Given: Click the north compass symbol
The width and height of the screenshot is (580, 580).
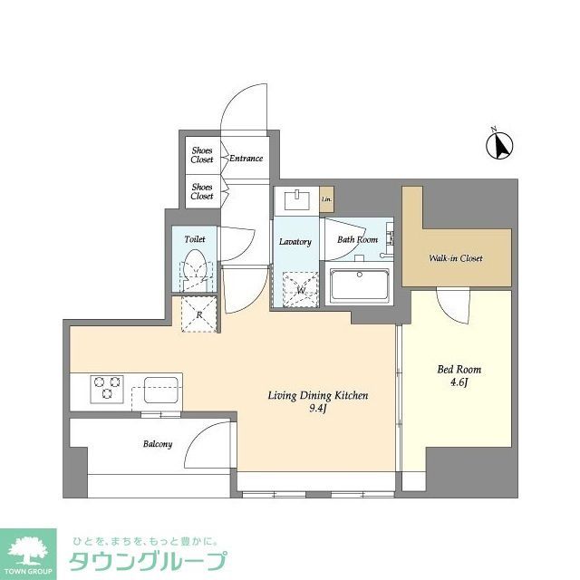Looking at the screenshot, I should (x=501, y=144).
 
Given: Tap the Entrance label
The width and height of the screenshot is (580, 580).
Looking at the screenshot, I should (x=246, y=159).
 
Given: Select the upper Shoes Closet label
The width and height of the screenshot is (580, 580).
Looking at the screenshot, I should (x=202, y=154).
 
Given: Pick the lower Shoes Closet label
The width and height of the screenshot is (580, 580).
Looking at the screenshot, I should (x=202, y=191).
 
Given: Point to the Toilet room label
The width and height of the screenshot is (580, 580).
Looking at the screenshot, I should (x=195, y=239).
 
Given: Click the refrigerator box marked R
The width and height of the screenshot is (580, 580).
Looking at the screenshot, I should (x=198, y=314).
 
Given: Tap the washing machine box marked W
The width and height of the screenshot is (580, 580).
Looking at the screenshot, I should (x=300, y=290).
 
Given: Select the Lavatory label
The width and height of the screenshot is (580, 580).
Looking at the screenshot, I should (x=295, y=242).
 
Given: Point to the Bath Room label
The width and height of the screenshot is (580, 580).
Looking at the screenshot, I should (x=358, y=240).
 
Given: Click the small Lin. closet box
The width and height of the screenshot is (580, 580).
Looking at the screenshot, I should (x=326, y=198).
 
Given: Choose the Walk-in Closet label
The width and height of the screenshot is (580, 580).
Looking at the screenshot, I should (x=456, y=258).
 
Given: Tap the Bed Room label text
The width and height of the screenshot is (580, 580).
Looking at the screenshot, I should (x=459, y=369).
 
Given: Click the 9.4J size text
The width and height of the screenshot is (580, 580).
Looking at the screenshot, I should (x=317, y=410).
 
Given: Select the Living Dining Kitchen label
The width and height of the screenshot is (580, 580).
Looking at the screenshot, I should (x=317, y=396).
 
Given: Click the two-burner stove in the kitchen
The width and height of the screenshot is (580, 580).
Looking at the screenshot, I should (x=106, y=388).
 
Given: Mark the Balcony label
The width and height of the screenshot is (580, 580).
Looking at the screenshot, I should (x=157, y=444).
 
